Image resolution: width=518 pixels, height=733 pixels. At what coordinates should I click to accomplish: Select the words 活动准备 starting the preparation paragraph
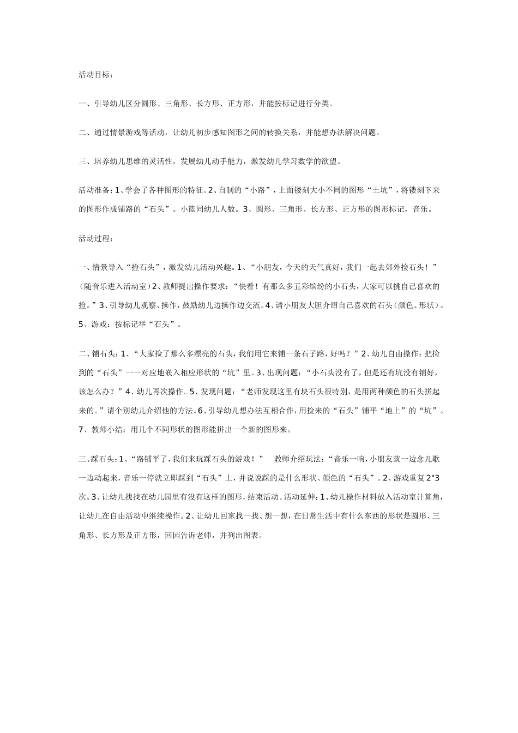coord(94,190)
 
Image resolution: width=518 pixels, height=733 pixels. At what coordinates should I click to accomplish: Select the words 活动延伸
coord(298,497)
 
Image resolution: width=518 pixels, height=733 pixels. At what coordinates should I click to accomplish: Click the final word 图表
coord(254,535)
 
